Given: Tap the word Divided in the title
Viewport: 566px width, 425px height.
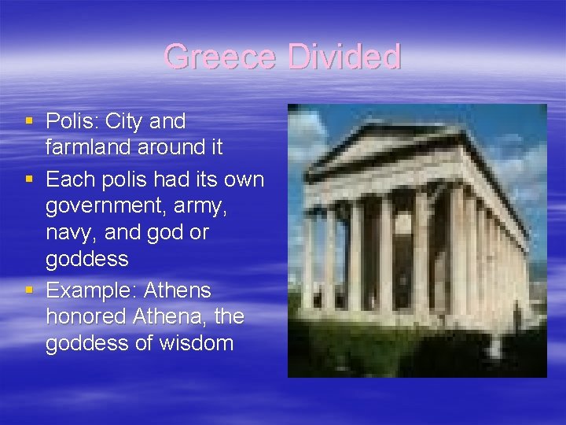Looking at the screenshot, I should (x=344, y=57).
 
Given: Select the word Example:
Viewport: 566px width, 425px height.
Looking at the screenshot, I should (x=90, y=291).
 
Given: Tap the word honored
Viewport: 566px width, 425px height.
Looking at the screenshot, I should (x=86, y=317).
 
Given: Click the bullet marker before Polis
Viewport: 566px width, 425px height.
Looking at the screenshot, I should (x=29, y=122).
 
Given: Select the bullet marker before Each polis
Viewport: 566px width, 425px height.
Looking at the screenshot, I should (x=29, y=179).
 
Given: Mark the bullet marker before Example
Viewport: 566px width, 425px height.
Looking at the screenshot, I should (x=29, y=291).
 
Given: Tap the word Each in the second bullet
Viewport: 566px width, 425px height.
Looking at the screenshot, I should (x=69, y=179).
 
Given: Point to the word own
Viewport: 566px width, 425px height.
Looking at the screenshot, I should (x=244, y=179).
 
